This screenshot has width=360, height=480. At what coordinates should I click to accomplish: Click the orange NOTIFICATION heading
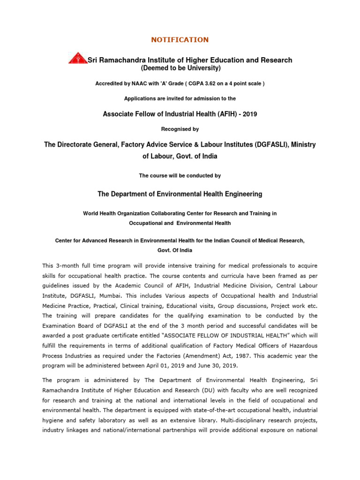[180, 40]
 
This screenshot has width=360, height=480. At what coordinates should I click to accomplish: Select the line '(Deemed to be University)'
[180, 68]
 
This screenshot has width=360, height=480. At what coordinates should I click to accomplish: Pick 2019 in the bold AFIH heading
[248, 114]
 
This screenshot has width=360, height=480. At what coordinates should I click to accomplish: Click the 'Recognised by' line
[180, 129]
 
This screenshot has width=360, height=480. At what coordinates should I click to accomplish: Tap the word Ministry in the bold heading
[303, 145]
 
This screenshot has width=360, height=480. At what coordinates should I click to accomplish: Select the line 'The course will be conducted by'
[180, 175]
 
